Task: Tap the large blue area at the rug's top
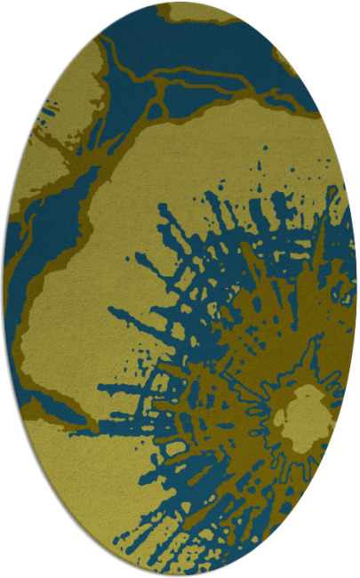pyautogui.click(x=213, y=53)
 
